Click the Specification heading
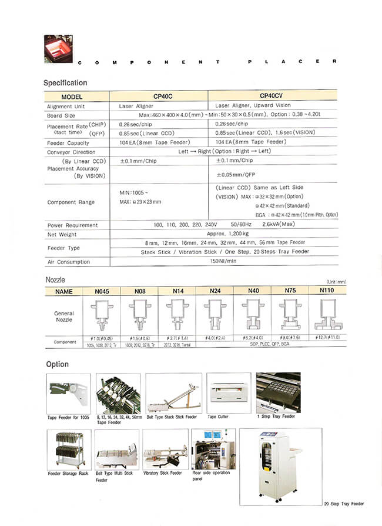click(65, 83)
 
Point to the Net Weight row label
click(61, 234)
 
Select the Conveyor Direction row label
click(71, 152)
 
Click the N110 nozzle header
click(327, 291)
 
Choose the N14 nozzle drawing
click(176, 315)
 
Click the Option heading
click(57, 364)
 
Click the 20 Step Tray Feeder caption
click(344, 504)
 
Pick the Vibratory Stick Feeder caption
click(162, 473)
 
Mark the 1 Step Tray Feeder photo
click(277, 392)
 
